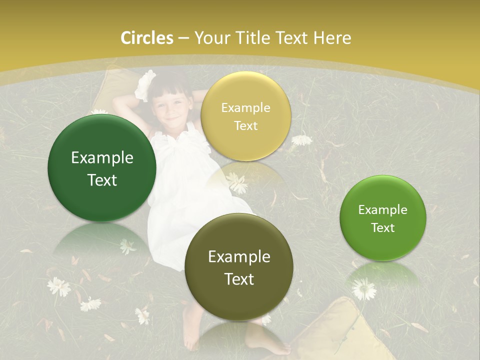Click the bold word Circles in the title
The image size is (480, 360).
[147, 38]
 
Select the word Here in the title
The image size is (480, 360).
[332, 38]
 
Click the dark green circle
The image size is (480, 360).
[102, 168]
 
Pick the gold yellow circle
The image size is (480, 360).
[245, 116]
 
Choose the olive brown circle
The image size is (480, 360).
[239, 266]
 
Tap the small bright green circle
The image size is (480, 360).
[383, 218]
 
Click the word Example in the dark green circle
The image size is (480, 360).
[102, 158]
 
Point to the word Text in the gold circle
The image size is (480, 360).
[245, 126]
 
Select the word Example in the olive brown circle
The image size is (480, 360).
[239, 256]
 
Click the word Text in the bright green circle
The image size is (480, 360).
[383, 228]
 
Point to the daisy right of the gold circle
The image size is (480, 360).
[301, 139]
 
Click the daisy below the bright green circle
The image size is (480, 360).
[363, 288]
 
